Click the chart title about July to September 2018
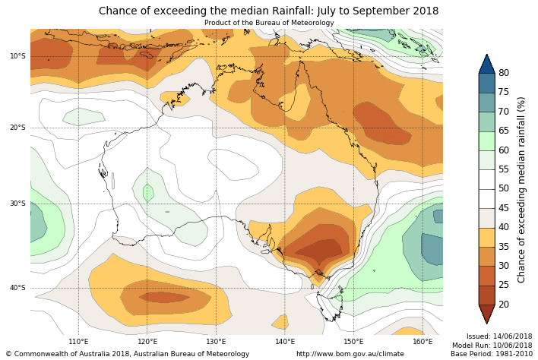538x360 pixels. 268,11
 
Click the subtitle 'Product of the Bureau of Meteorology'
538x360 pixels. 268,23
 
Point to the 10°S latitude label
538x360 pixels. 17,56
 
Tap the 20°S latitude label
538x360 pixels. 17,128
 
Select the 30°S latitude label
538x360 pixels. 17,204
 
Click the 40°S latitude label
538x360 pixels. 17,288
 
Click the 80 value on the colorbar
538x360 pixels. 503,73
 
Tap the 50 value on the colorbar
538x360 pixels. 503,188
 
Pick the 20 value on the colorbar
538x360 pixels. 503,305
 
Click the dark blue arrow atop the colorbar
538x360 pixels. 486,64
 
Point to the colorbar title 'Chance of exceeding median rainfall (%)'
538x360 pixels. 522,189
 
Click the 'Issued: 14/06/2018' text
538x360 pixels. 499,336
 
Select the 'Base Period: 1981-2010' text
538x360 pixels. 491,354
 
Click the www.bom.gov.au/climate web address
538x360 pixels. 350,354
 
